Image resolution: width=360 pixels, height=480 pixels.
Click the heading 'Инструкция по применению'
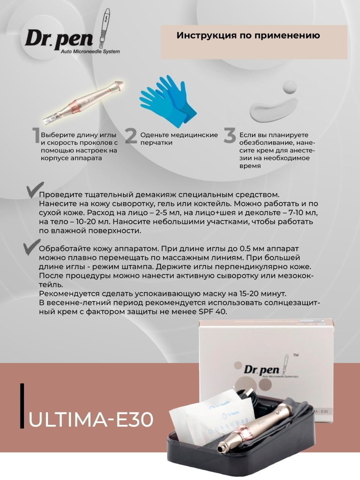(x=248, y=36)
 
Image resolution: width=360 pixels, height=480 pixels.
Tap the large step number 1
(x=36, y=136)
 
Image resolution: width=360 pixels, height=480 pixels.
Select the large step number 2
(x=131, y=136)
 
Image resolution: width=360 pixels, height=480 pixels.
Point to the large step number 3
(x=230, y=136)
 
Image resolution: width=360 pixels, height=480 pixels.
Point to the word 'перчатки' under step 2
(x=156, y=143)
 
